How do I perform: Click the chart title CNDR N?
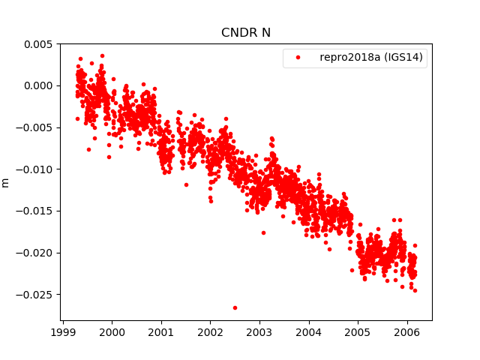pos(246,32)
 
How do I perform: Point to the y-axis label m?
pos(6,182)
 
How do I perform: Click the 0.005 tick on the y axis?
pos(37,44)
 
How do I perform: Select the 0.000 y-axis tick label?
pos(37,85)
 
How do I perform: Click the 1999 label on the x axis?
pos(63,331)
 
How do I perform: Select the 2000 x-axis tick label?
pos(112,331)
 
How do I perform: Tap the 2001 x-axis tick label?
pos(161,331)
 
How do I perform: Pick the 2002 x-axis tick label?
pos(211,331)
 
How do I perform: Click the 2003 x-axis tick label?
pos(259,331)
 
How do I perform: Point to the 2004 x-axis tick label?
pos(309,331)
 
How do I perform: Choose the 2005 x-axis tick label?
pos(358,331)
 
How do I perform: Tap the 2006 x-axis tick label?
pos(407,331)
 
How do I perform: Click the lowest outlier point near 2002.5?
pos(235,307)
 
